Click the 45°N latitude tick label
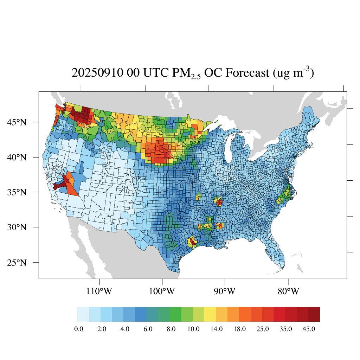click(x=17, y=122)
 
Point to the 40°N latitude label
click(x=17, y=157)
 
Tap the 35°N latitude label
click(x=17, y=192)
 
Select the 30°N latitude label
click(x=17, y=227)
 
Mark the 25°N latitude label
click(x=17, y=263)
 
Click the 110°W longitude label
click(x=99, y=291)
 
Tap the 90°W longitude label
click(x=225, y=291)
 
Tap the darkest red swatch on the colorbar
click(x=314, y=314)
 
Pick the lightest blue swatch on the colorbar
click(x=83, y=314)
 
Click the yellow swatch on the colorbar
click(x=210, y=314)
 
